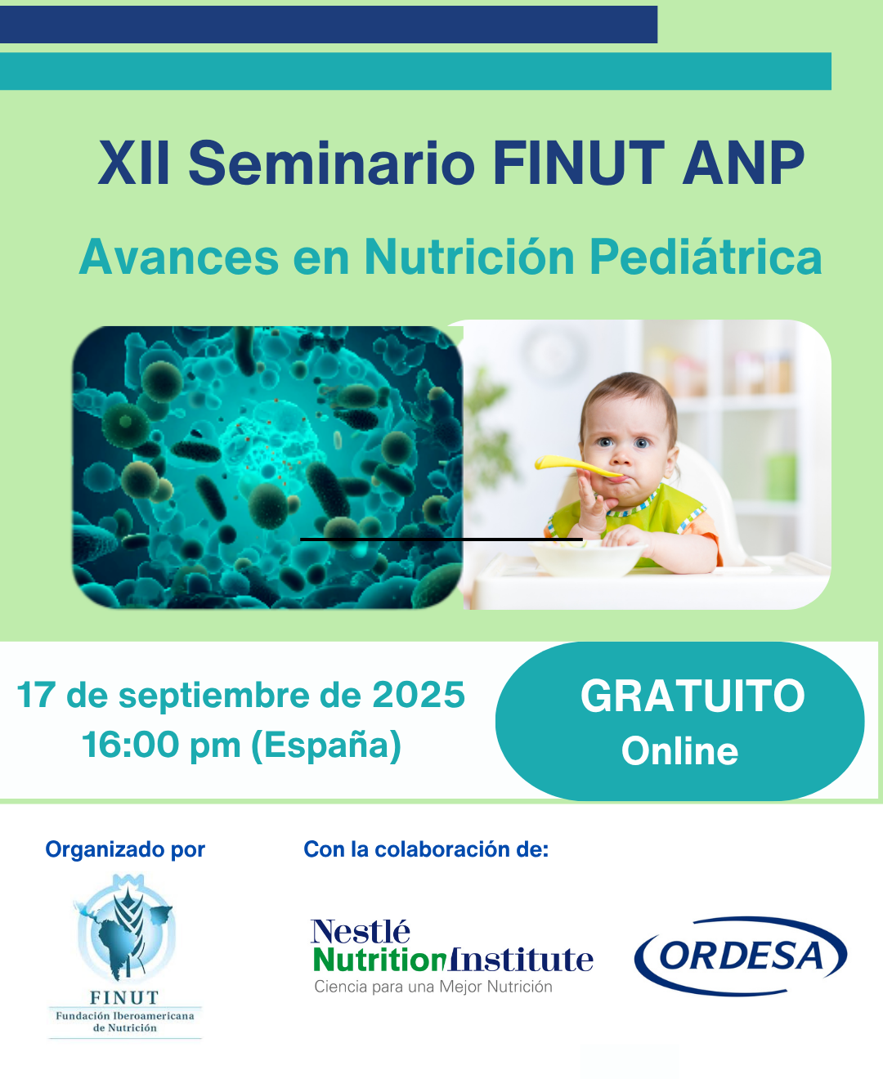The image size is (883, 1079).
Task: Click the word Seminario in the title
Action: (331, 163)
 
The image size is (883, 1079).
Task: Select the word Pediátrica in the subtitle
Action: (705, 257)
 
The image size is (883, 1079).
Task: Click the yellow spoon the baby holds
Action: (576, 467)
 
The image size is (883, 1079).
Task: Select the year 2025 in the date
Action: (419, 696)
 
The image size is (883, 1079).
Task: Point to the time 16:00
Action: (130, 745)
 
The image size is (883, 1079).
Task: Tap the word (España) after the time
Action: (326, 745)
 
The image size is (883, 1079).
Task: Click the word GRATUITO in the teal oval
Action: (693, 696)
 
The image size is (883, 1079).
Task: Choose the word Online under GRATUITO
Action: (679, 751)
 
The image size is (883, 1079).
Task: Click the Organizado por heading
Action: (125, 849)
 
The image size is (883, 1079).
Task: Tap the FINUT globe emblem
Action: (125, 932)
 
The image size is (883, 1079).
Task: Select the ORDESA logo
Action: (741, 956)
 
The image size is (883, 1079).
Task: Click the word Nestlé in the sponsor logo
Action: (360, 931)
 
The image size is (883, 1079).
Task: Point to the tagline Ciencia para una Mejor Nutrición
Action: (433, 987)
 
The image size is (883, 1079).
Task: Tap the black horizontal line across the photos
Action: (441, 539)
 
